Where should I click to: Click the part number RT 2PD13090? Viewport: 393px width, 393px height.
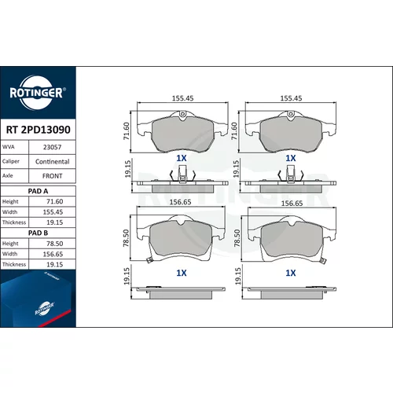coord(39,130)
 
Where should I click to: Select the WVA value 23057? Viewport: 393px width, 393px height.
coord(52,147)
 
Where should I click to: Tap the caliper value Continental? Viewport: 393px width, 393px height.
coord(52,162)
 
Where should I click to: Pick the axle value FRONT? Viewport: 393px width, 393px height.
coord(52,176)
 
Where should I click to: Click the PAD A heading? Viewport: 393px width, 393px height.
coord(38,191)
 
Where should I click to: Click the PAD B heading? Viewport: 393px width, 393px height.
coord(38,233)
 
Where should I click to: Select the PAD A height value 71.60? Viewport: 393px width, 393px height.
coord(54,201)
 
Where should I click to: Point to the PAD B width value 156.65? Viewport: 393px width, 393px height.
coord(53,254)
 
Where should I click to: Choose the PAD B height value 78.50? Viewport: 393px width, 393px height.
coord(54,244)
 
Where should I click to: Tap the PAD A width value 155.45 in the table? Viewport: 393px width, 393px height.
coord(53,212)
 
